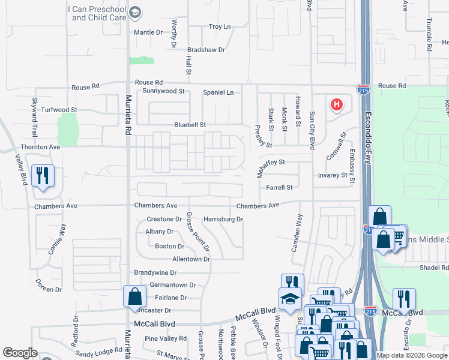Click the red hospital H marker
click(337, 105)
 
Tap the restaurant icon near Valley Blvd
click(42, 176)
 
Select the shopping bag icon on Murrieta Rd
click(134, 296)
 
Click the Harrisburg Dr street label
click(223, 220)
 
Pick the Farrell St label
click(279, 187)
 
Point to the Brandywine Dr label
click(157, 272)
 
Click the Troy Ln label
click(219, 27)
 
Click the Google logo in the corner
click(20, 353)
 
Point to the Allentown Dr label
click(191, 259)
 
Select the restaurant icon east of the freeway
click(403, 298)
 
